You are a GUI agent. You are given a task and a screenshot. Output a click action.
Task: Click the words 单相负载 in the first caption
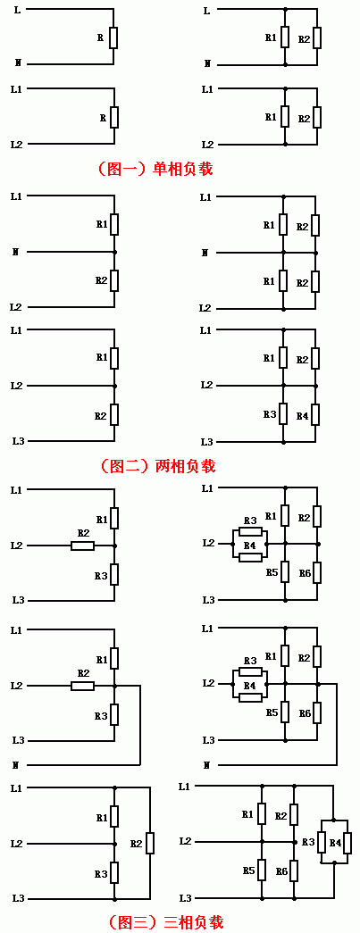point(182,169)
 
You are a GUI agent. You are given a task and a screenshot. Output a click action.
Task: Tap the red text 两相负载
point(185,465)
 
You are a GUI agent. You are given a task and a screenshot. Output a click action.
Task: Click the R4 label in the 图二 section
point(302,415)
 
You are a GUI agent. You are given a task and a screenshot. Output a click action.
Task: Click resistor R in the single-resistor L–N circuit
point(113,37)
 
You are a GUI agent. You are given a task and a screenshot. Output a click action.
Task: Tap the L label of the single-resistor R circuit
point(15,10)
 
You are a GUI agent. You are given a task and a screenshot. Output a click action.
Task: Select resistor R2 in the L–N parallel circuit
point(317,38)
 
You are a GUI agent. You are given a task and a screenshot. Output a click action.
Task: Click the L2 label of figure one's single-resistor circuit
point(16,144)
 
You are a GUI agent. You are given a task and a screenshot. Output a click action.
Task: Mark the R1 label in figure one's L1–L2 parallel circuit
point(271,118)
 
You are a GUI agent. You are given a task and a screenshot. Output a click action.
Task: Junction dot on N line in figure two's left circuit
point(114,253)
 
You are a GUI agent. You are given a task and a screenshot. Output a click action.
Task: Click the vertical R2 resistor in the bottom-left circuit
point(151,843)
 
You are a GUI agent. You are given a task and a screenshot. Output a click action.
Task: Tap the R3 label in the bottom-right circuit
point(308,842)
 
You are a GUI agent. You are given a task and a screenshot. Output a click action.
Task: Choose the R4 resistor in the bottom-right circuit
point(347,843)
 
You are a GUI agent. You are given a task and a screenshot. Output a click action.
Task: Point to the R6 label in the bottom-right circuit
point(282,871)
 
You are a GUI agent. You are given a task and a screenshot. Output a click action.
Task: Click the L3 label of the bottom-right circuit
point(185,897)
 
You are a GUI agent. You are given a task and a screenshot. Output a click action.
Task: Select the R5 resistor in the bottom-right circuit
point(262,871)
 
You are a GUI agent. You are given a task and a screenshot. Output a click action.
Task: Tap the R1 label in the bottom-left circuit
point(101,818)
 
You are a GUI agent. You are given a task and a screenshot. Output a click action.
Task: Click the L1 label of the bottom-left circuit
point(16,788)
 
